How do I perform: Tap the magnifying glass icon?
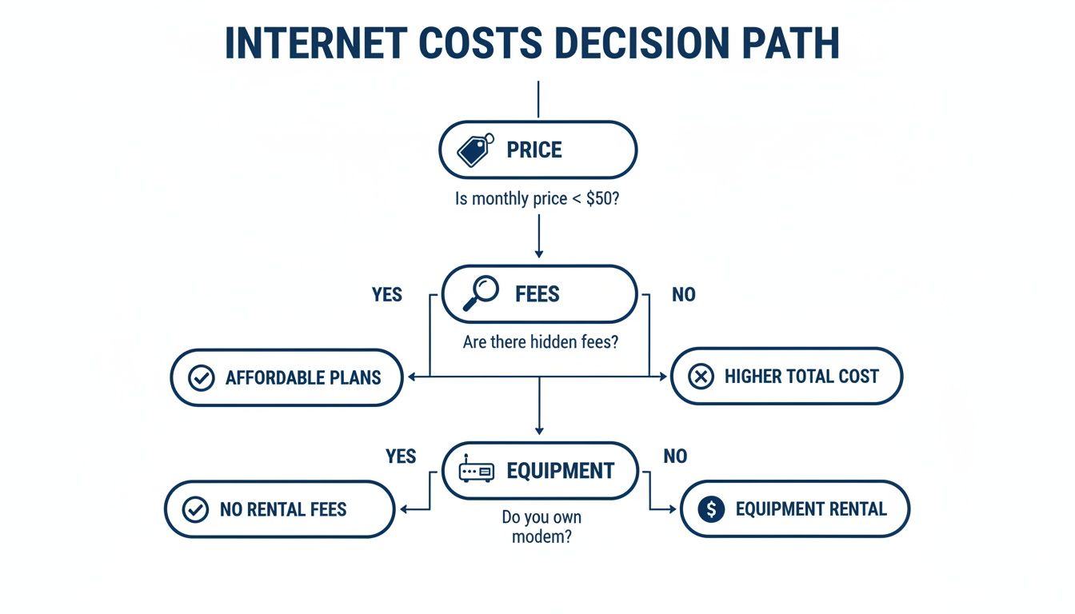(x=481, y=293)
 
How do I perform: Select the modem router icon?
(x=477, y=470)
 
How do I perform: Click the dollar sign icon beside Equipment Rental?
(x=711, y=509)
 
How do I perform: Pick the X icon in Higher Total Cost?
(x=701, y=377)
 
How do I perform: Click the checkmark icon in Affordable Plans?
(x=201, y=377)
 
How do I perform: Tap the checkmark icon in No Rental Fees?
(x=195, y=509)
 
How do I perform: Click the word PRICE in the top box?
(x=534, y=150)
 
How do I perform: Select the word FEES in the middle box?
(x=537, y=294)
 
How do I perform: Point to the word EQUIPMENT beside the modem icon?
(x=561, y=470)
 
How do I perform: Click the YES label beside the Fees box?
(x=387, y=294)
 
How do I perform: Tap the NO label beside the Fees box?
(x=684, y=294)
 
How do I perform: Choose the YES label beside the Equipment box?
(x=401, y=456)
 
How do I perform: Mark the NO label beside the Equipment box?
(x=675, y=456)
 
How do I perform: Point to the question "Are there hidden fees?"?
(x=541, y=342)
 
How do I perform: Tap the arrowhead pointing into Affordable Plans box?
(x=412, y=377)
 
